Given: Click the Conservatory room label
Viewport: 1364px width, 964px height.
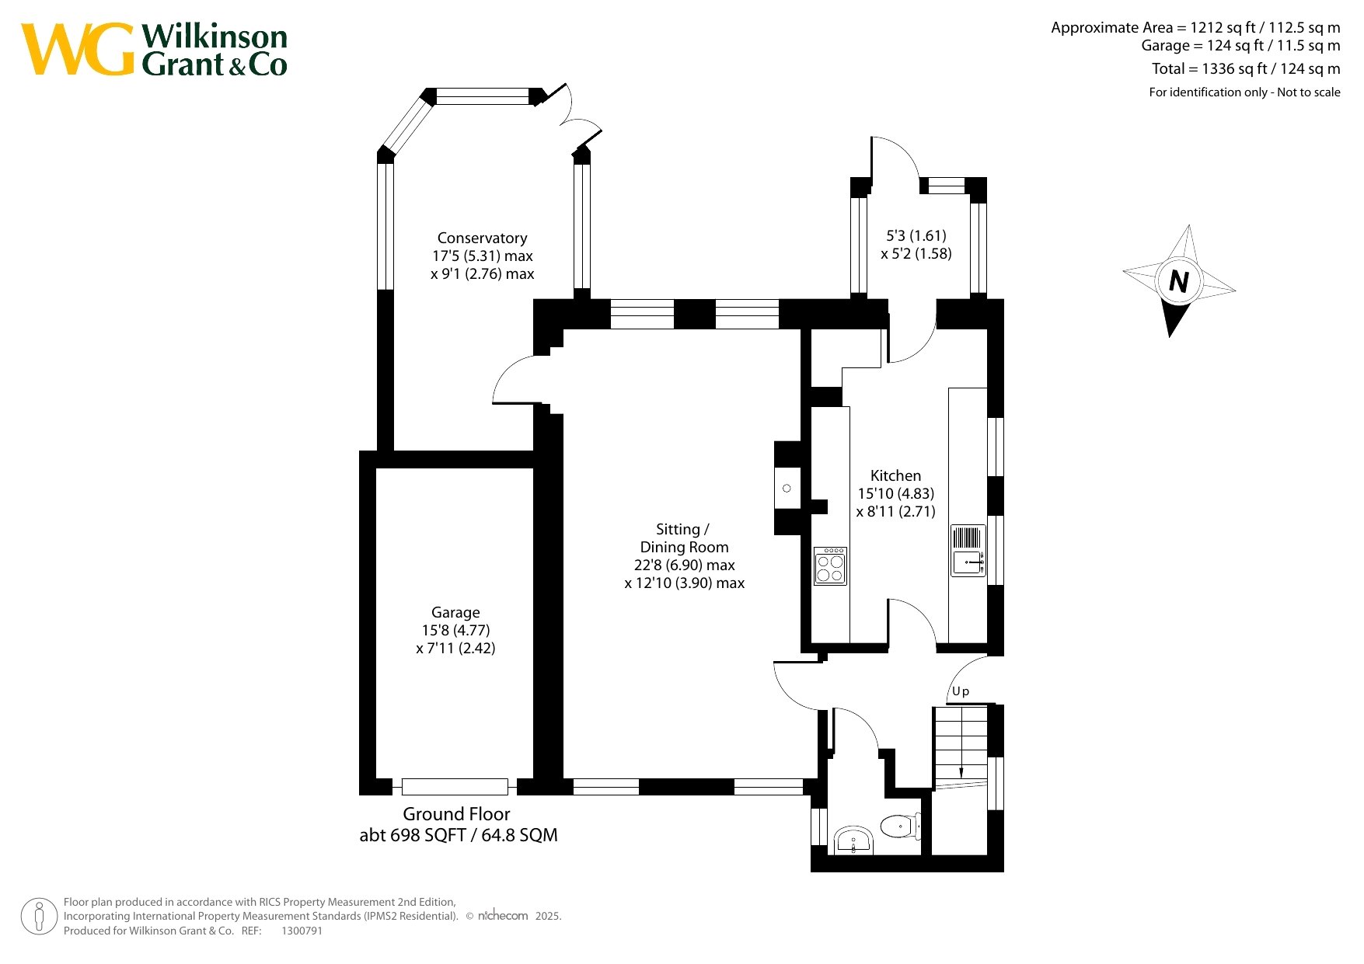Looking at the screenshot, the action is tap(482, 238).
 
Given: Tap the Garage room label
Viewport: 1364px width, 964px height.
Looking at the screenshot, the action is tap(455, 612).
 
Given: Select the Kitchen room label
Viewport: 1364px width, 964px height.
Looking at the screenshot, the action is tap(895, 475).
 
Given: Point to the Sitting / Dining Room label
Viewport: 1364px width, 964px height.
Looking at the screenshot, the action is tap(684, 538).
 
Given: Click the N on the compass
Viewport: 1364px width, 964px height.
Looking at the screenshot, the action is tap(1179, 280).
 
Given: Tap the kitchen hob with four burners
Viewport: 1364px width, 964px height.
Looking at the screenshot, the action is tap(830, 566).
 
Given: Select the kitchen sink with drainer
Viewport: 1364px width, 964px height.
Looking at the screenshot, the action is tap(968, 551).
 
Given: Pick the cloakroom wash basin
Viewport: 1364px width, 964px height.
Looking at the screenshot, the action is tap(853, 841).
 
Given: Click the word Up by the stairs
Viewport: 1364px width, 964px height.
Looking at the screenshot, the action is tap(961, 691).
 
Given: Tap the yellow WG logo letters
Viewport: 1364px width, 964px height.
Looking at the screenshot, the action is tap(78, 49).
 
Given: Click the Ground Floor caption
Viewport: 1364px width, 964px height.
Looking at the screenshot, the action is tap(456, 814).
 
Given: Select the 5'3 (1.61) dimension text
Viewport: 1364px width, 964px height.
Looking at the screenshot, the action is tap(916, 235).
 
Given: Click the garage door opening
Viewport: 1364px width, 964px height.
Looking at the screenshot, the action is tap(455, 786).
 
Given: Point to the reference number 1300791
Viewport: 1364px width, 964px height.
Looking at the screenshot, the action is tap(302, 931).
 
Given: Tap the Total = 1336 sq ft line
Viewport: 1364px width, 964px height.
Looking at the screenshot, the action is tap(1246, 69).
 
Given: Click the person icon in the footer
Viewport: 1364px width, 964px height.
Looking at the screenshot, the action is tap(39, 917).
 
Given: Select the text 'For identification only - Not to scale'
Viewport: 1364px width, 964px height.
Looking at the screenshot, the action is tap(1244, 92).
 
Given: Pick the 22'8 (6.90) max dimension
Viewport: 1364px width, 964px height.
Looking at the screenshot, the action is tap(684, 565).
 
